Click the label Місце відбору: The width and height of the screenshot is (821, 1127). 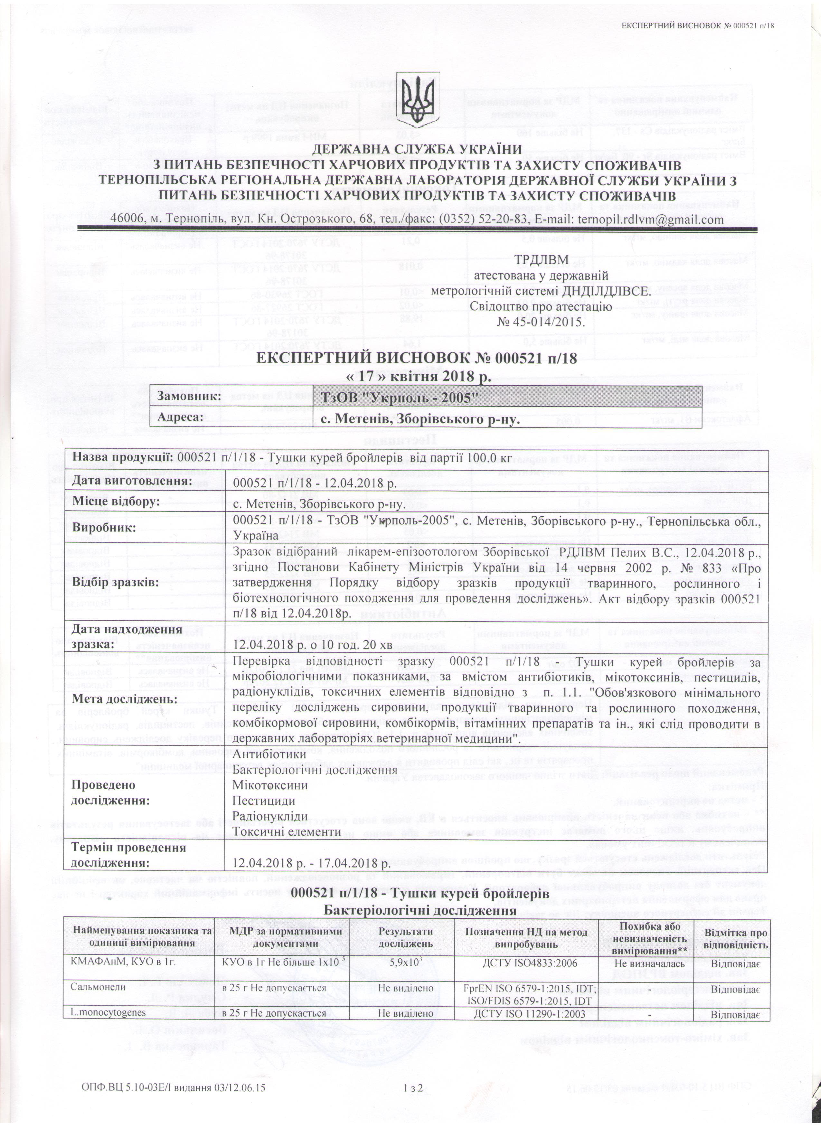tap(116, 502)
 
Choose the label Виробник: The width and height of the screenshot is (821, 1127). tap(104, 528)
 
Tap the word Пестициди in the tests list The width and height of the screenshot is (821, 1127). tap(264, 801)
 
